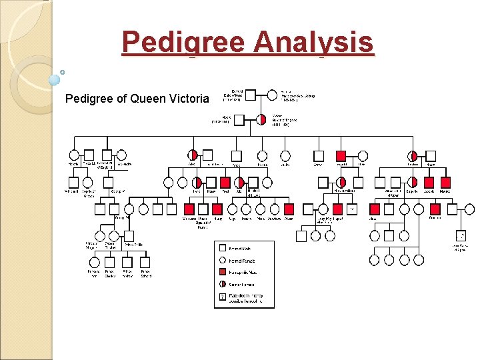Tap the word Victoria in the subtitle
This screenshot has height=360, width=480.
pyautogui.click(x=190, y=99)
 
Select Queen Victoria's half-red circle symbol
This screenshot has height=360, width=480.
pyautogui.click(x=261, y=119)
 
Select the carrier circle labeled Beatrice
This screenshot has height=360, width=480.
pyautogui.click(x=413, y=156)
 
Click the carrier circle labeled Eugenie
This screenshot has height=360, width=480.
pyautogui.click(x=413, y=182)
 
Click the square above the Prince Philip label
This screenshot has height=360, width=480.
pyautogui.click(x=129, y=236)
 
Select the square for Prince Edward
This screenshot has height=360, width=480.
pyautogui.click(x=145, y=263)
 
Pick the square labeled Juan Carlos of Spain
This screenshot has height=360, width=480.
pyautogui.click(x=461, y=235)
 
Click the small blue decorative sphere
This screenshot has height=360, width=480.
pyautogui.click(x=55, y=80)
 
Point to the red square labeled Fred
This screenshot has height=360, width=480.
pyautogui.click(x=225, y=182)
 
